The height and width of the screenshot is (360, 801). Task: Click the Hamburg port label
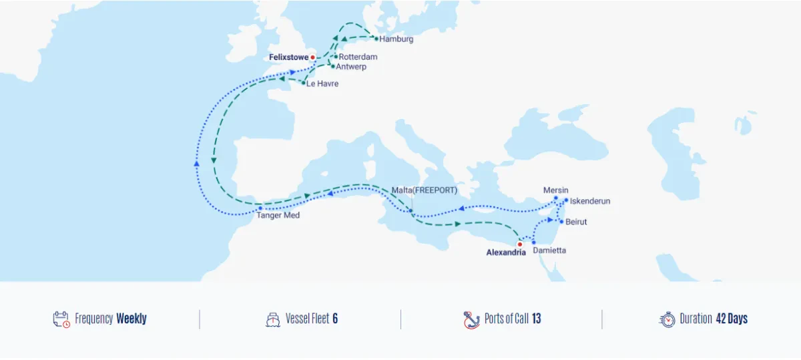(x=396, y=39)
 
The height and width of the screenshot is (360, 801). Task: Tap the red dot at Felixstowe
(x=312, y=57)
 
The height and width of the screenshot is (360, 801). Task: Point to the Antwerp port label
(x=351, y=67)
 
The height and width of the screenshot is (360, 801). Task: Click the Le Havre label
(x=322, y=84)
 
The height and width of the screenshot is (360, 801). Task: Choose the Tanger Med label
(x=278, y=216)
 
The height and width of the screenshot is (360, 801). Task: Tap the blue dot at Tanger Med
(x=260, y=208)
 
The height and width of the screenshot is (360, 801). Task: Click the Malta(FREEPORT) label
(x=425, y=190)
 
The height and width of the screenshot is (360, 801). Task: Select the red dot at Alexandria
(x=520, y=244)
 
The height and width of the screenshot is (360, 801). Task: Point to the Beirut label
(x=576, y=222)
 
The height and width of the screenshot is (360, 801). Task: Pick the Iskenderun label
(x=590, y=201)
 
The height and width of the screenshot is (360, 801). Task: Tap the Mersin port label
(x=556, y=190)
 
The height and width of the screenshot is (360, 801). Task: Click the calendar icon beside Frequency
(x=61, y=319)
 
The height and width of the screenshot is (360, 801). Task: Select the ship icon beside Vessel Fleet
(x=272, y=319)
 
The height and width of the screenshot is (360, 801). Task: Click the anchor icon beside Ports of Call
(x=472, y=320)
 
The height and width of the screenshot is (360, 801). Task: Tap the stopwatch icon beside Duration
(x=667, y=319)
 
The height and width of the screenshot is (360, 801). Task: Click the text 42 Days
(x=732, y=319)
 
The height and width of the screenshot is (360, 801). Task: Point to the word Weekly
(x=131, y=319)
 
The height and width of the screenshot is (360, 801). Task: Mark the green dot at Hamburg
(x=376, y=39)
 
